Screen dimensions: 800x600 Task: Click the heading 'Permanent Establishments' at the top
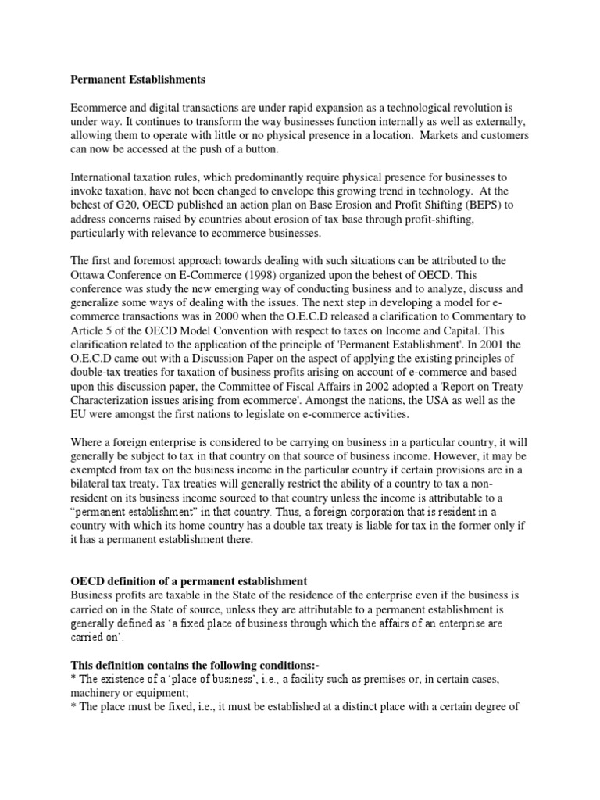coord(138,79)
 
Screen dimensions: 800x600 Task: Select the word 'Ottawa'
coord(89,274)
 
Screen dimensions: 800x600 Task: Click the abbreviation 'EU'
coord(81,414)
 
